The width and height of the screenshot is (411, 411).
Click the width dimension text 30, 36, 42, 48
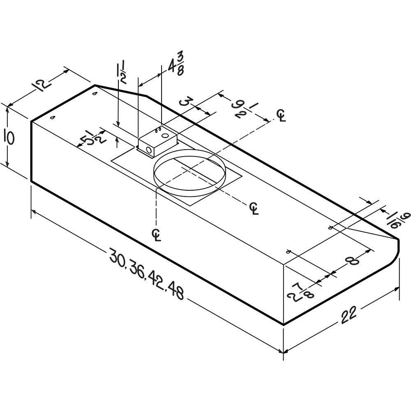[x=146, y=273]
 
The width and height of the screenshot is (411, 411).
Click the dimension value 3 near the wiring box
[x=187, y=101]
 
